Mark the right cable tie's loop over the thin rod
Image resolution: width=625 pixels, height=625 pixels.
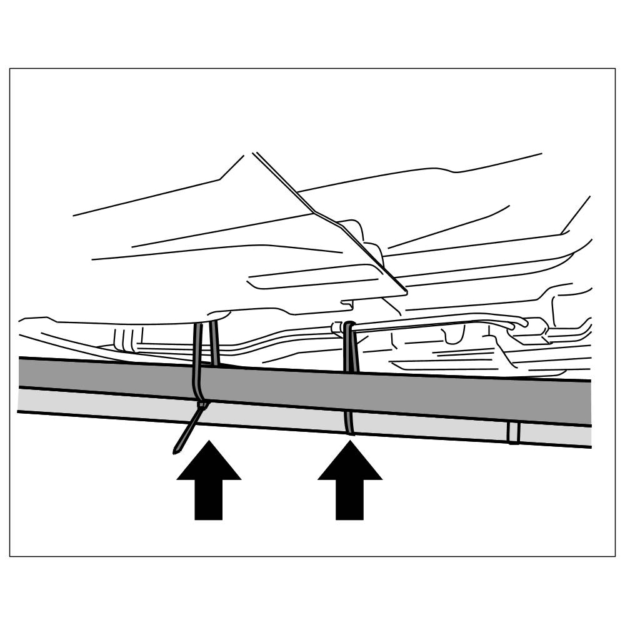[x=348, y=326]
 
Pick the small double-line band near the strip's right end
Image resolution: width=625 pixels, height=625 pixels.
[x=514, y=432]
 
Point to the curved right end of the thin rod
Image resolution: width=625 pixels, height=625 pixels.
[x=522, y=322]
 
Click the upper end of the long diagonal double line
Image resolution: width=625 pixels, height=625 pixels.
[x=254, y=153]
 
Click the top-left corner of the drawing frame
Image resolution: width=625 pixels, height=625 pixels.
[x=10, y=69]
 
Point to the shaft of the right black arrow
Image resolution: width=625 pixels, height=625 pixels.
[x=350, y=500]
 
